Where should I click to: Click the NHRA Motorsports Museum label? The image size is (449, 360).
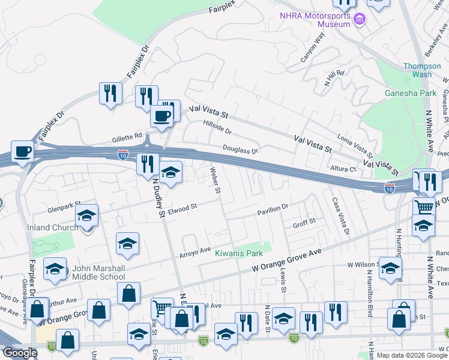pos(315,19)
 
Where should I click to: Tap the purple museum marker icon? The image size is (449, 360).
pos(360,20)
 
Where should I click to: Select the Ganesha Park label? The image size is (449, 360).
pos(411,93)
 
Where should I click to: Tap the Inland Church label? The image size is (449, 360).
pos(53,227)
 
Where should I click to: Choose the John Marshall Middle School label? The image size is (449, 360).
pos(99,272)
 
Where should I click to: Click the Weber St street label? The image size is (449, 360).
pos(215,181)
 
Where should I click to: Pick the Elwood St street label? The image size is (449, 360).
pos(182,208)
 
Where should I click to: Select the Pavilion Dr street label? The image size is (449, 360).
pos(273,207)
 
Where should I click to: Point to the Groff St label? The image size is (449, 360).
pos(304,223)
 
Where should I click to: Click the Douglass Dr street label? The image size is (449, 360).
pos(240,149)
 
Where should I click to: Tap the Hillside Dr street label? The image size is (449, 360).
pos(217,127)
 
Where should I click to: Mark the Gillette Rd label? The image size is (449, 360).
pos(127,137)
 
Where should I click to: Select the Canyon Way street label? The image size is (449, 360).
pos(313,47)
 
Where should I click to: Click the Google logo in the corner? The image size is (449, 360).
pos(20,353)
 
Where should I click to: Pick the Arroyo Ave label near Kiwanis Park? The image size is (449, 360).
pos(195,253)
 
